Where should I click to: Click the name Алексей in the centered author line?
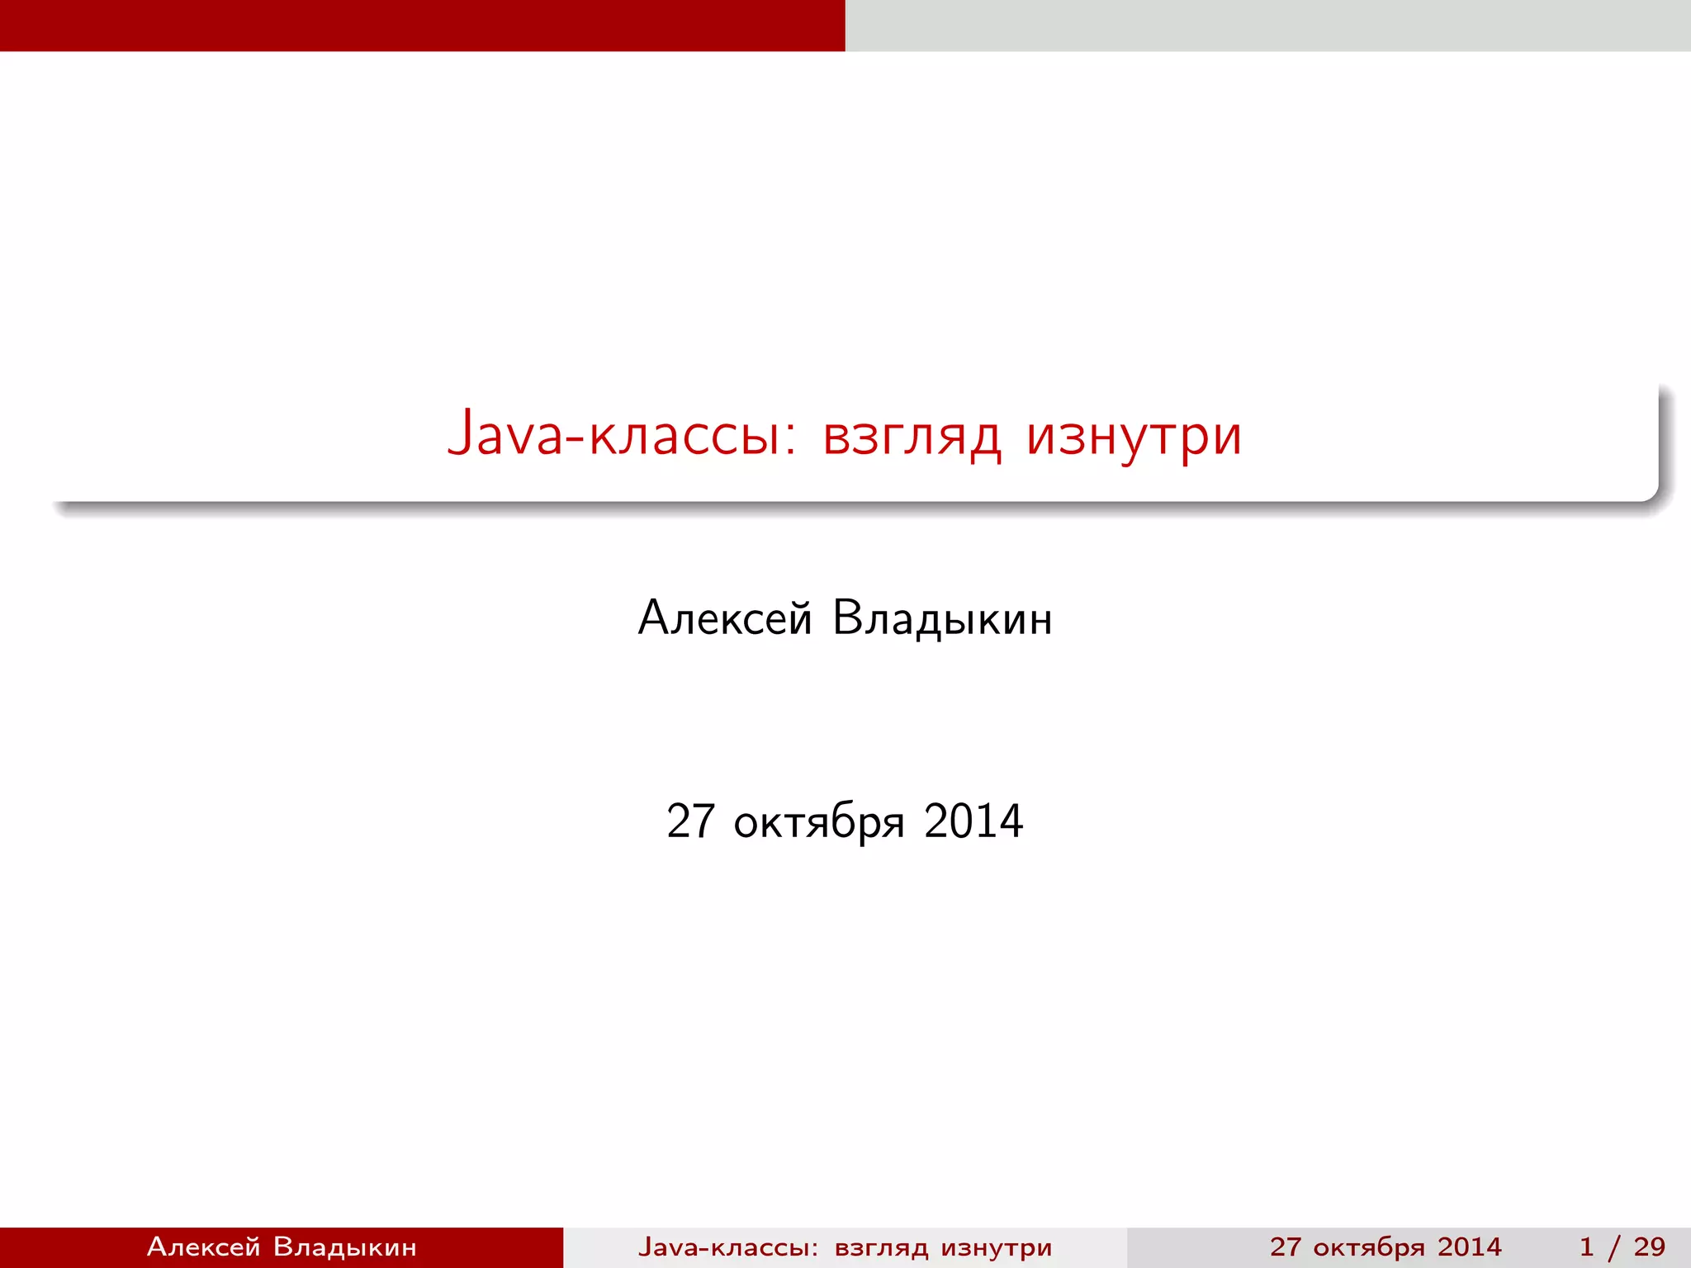pos(725,617)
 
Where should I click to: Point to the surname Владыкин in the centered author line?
pos(942,619)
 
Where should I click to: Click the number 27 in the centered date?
pos(690,821)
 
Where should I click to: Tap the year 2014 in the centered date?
pos(973,821)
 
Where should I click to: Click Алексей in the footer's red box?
pos(203,1247)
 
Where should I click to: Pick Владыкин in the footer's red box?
pos(344,1247)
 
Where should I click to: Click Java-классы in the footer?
pos(723,1247)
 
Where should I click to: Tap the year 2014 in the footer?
pos(1469,1247)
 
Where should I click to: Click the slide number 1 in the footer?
pos(1586,1247)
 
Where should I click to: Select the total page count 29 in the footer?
pos(1649,1247)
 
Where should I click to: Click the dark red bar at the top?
pos(422,25)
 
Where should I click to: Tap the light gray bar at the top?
pos(1267,25)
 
